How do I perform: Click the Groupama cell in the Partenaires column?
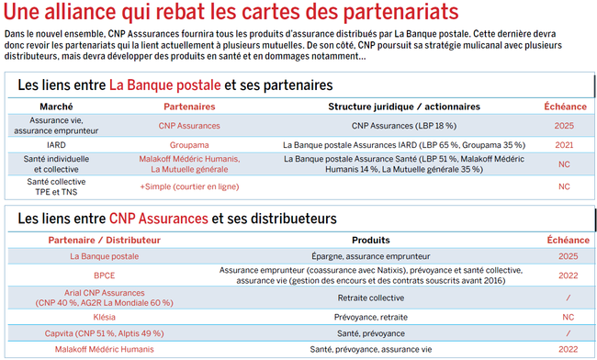195,144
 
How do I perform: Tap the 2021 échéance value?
564,144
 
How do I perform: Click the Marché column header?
57,107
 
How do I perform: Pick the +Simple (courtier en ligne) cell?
195,186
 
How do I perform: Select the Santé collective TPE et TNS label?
56,186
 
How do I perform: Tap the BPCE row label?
104,275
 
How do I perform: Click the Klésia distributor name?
104,316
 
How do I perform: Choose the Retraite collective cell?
371,298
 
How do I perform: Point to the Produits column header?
371,240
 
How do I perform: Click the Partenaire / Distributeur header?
104,240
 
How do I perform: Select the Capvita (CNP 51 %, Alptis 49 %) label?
104,332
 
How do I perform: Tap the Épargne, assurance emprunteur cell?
371,256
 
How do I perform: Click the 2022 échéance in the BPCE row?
568,275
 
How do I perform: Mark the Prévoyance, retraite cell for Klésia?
371,316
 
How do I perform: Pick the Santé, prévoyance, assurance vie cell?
371,349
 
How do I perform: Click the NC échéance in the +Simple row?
564,186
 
